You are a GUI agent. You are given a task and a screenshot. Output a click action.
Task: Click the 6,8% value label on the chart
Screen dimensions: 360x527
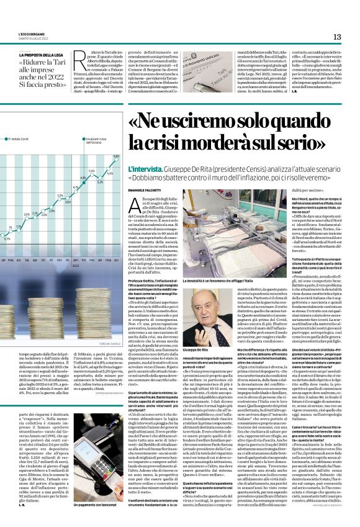tap(116, 156)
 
